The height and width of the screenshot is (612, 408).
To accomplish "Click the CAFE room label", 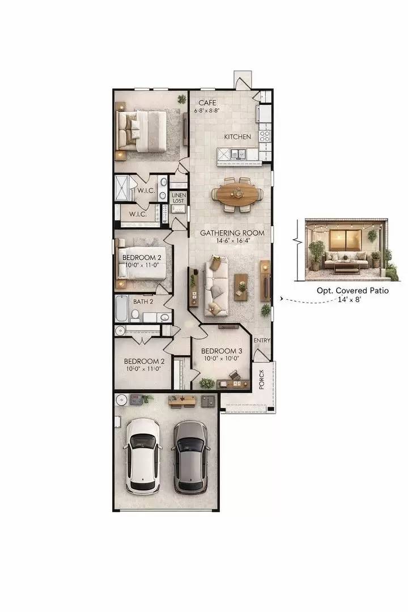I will (206, 103).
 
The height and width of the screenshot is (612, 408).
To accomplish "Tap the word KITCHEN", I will (237, 137).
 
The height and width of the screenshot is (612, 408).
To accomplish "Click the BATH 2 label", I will (143, 301).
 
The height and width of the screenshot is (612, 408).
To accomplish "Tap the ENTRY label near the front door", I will (262, 341).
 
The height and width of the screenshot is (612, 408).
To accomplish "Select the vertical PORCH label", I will (262, 380).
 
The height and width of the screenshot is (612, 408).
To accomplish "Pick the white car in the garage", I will (142, 455).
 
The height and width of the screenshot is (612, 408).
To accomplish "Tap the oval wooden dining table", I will (237, 194).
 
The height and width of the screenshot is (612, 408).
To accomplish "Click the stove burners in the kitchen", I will (265, 136).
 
